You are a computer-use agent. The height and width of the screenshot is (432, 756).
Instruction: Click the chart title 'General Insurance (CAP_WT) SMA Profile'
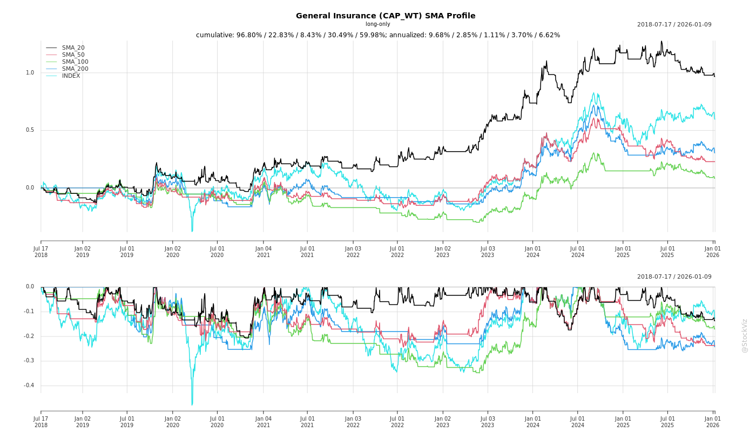tap(386, 16)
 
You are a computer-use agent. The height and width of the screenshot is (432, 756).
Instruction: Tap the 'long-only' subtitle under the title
tap(377, 24)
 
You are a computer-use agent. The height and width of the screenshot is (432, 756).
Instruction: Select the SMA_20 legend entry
tap(73, 48)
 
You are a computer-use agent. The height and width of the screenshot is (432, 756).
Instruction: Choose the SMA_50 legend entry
tap(73, 55)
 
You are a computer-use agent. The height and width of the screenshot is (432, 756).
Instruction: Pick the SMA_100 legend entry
tap(75, 62)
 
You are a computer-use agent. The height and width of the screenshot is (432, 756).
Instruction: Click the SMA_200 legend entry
tap(75, 69)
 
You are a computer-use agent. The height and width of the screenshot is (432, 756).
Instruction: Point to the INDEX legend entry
tap(71, 76)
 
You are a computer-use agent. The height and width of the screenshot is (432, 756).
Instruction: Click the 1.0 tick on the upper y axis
tap(30, 73)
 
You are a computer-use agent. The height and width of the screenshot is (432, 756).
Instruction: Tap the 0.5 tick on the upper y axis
tap(30, 130)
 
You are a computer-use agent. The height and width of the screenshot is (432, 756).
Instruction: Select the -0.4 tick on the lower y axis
tap(29, 386)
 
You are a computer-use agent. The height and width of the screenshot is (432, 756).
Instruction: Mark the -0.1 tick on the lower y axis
tap(29, 312)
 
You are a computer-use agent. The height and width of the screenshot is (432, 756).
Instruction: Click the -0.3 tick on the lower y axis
tap(29, 361)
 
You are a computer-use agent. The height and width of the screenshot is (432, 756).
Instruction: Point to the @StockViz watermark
tap(745, 335)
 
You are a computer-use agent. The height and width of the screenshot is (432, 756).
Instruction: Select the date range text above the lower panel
tap(674, 276)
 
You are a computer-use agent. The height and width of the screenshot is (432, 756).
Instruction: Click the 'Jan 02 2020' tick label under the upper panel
tap(173, 252)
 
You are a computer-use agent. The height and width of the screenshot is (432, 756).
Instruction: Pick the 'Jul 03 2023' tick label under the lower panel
tap(488, 422)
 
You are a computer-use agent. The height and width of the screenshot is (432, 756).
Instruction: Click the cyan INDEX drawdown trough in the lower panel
tap(192, 404)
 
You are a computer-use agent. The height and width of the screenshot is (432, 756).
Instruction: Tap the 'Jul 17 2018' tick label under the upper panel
tap(41, 252)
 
